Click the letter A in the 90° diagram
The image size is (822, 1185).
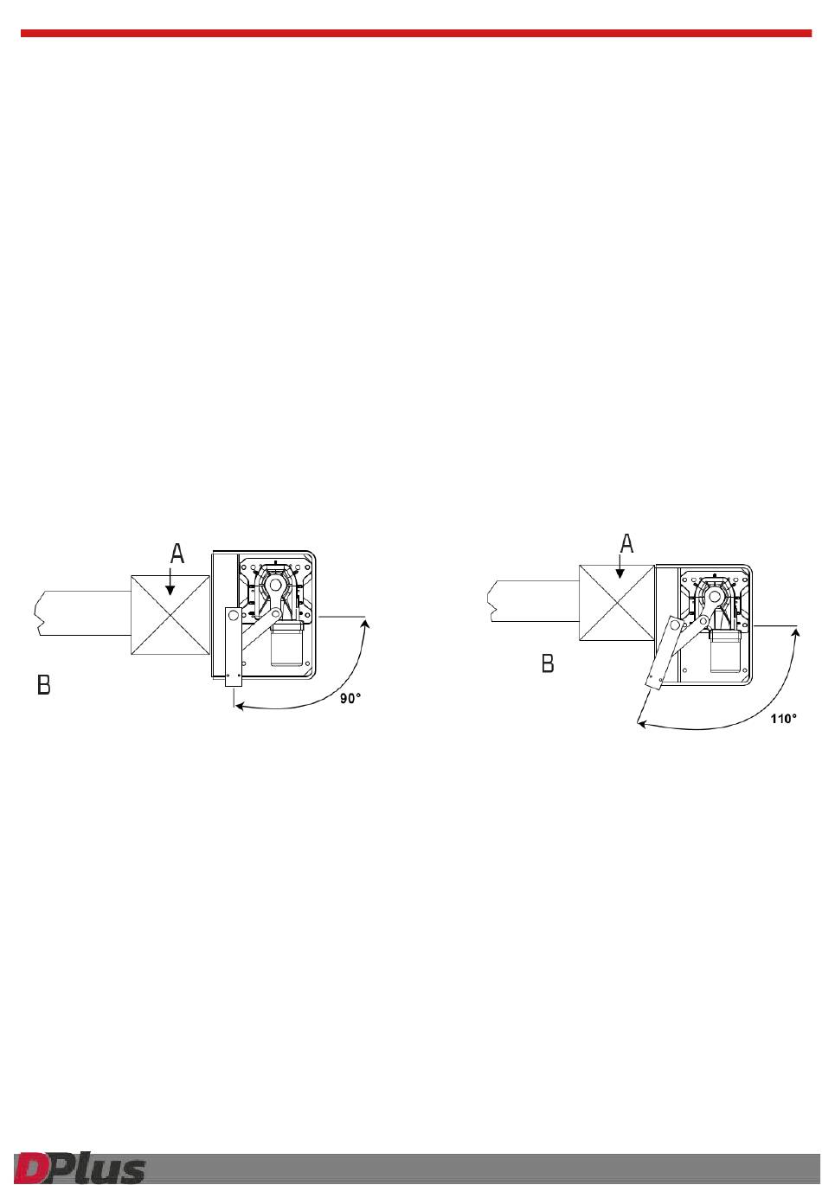177,554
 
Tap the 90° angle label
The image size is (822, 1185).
350,699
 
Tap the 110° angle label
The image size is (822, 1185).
783,719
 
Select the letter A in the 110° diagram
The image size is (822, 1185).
626,543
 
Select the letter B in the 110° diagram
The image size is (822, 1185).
548,663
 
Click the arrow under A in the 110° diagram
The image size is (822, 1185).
620,573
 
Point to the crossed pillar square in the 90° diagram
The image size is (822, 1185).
170,615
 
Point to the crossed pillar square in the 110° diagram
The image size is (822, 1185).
617,603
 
